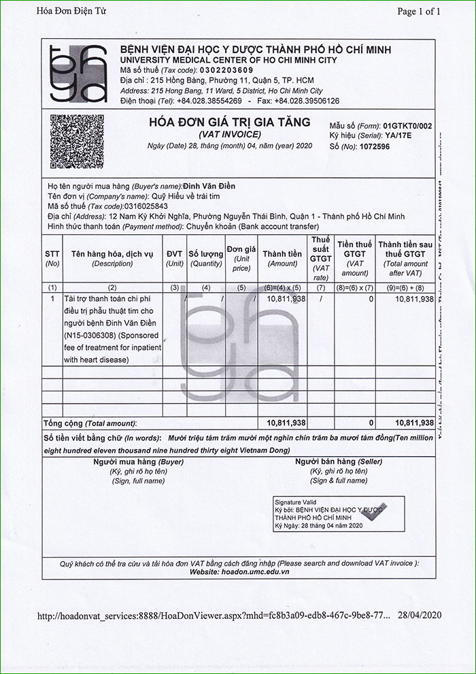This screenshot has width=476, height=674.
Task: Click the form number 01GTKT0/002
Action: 407,126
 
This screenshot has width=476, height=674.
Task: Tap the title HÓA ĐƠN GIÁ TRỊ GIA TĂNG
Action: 229,123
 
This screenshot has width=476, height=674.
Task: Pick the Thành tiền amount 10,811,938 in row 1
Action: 286,299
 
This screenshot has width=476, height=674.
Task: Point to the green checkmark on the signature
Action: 375,511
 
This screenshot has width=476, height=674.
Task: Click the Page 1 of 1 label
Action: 419,11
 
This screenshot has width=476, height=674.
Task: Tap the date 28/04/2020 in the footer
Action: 420,615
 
